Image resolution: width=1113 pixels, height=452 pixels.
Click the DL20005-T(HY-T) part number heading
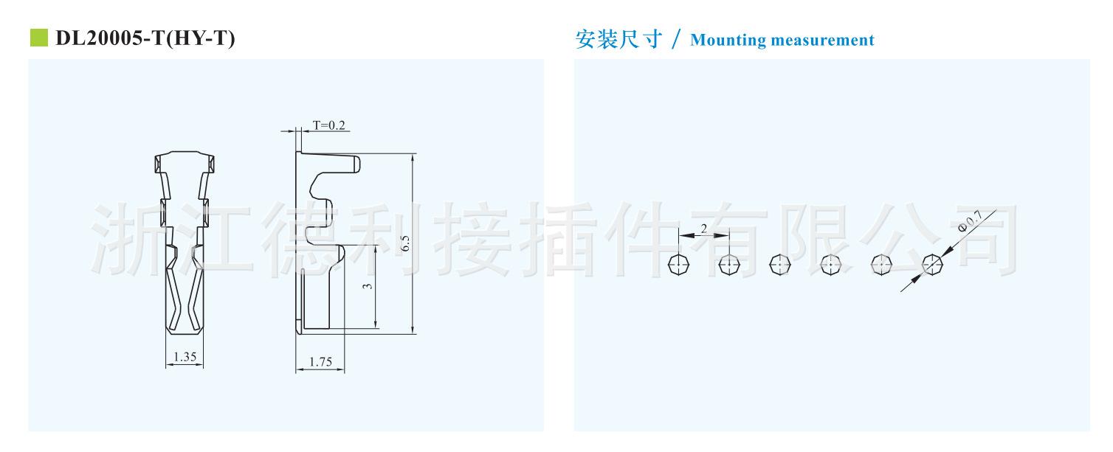tap(145, 38)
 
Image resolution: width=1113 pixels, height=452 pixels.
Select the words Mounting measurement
tap(782, 41)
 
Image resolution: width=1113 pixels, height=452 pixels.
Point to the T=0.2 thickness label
tap(329, 125)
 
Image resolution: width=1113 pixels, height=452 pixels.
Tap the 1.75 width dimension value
tap(320, 361)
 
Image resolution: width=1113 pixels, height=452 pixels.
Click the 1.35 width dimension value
tap(184, 358)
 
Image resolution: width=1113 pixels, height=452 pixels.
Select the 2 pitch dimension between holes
tap(703, 229)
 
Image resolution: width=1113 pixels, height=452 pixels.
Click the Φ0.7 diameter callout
tap(969, 221)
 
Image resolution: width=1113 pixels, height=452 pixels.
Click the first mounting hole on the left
tap(678, 264)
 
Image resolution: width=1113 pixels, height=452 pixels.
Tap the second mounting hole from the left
tap(729, 264)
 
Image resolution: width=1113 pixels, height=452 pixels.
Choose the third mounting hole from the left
tap(779, 264)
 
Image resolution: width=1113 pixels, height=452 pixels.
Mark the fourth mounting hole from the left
tap(830, 264)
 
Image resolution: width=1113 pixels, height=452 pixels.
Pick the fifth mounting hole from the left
tap(881, 264)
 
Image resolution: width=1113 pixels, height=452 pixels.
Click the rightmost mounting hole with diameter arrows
tap(933, 264)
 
